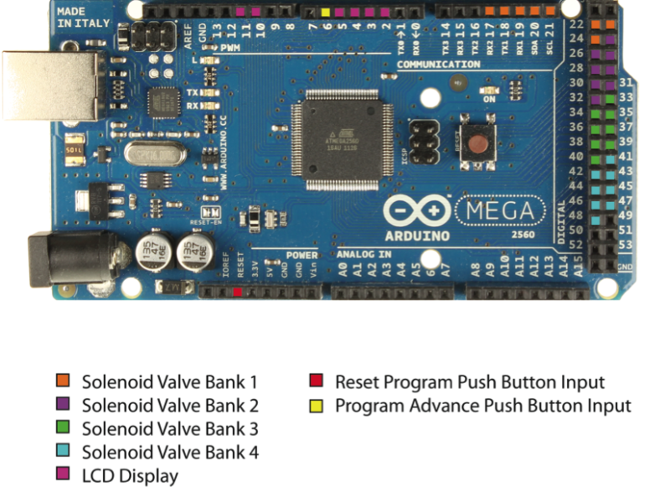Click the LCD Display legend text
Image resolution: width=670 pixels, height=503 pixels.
pyautogui.click(x=130, y=476)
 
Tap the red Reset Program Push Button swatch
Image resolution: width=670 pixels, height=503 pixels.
pyautogui.click(x=316, y=382)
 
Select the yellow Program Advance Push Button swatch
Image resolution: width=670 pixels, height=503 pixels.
pyautogui.click(x=316, y=406)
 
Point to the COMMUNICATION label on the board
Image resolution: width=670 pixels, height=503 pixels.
pyautogui.click(x=438, y=65)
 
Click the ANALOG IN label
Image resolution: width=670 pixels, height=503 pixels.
pyautogui.click(x=363, y=253)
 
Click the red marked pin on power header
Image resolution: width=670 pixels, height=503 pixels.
pyautogui.click(x=239, y=292)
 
